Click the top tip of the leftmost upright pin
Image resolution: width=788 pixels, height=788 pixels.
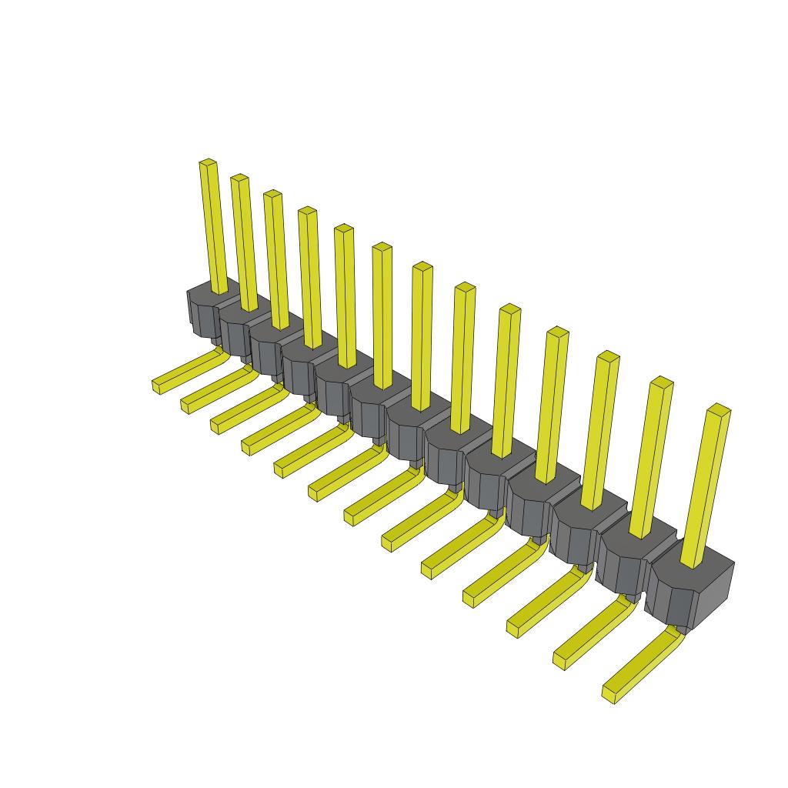point(207,163)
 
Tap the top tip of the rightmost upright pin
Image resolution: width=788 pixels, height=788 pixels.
point(719,409)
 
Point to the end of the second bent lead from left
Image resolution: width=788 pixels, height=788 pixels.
point(187,405)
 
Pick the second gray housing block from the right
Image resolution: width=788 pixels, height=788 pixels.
point(623,566)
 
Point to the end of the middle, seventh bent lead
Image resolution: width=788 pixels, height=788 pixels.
point(351,517)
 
